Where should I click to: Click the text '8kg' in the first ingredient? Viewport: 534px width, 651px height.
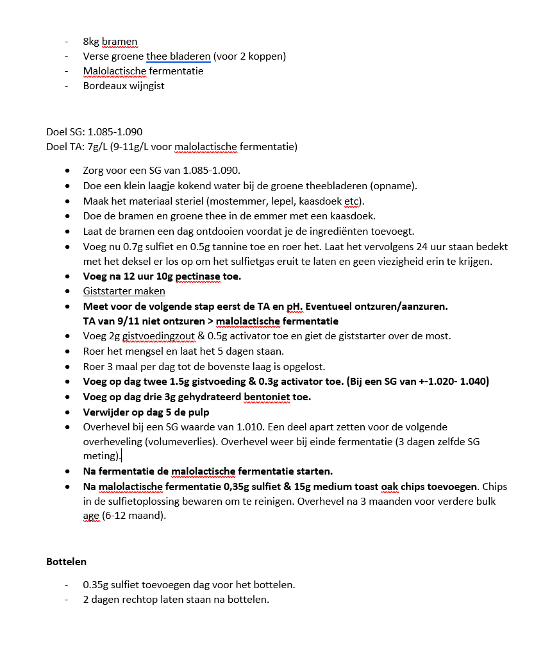tap(90, 42)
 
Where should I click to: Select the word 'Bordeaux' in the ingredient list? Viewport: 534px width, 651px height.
tap(104, 86)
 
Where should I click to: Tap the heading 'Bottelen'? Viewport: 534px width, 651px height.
tap(66, 562)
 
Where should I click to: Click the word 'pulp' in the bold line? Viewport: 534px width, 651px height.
tap(197, 412)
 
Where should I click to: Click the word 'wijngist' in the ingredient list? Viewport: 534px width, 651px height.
tap(146, 86)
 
